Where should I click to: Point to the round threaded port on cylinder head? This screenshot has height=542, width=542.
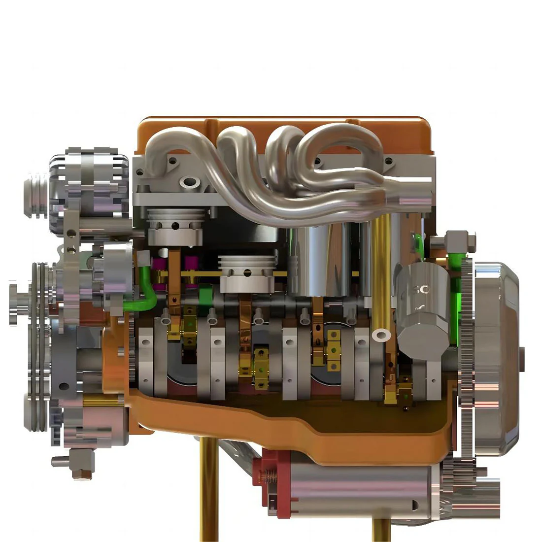(189, 184)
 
